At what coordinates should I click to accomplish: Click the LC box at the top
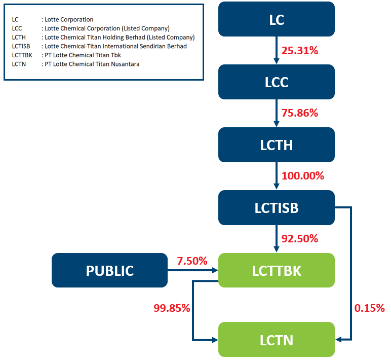click(277, 19)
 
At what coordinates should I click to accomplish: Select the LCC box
click(277, 82)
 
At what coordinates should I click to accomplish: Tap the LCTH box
click(277, 145)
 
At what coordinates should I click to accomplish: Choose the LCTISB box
click(277, 208)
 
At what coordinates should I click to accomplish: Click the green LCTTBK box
click(277, 270)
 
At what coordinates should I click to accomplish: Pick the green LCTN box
click(277, 340)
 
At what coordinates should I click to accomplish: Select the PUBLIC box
click(109, 270)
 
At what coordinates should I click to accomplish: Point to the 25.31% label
click(300, 51)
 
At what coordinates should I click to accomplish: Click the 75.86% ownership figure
click(300, 113)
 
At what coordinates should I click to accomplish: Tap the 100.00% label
click(303, 176)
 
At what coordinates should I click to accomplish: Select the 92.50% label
click(300, 239)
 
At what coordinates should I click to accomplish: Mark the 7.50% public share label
click(192, 261)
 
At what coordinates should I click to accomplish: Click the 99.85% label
click(172, 308)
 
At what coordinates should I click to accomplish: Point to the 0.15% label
click(369, 308)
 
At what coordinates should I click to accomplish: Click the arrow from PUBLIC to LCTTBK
click(193, 270)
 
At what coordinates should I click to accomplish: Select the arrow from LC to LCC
click(277, 50)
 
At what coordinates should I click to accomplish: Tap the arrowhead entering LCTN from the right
click(338, 340)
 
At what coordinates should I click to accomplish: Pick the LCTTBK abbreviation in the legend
click(22, 55)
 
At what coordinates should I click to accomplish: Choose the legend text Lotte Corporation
click(69, 19)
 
